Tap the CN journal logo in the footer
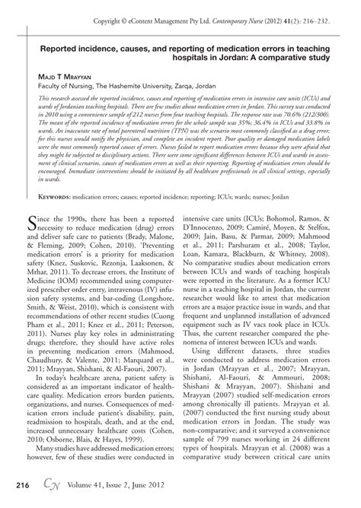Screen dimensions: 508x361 pyautogui.click(x=50, y=484)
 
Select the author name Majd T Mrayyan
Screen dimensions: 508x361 pyautogui.click(x=71, y=78)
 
